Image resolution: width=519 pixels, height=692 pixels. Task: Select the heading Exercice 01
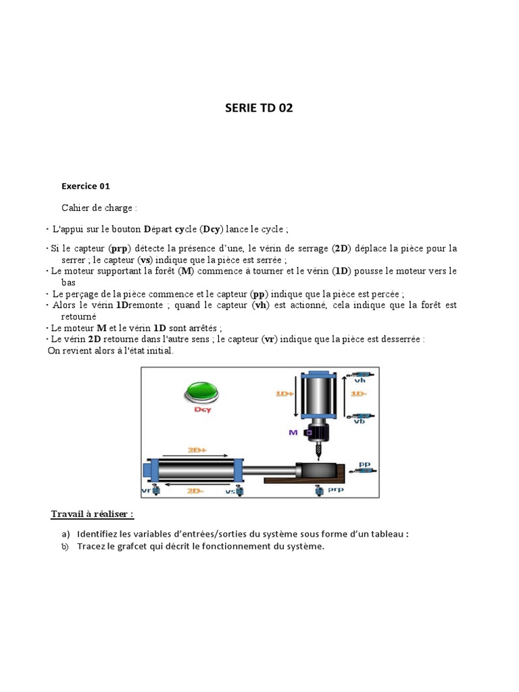pyautogui.click(x=85, y=187)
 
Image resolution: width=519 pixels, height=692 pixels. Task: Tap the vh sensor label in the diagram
pyautogui.click(x=360, y=380)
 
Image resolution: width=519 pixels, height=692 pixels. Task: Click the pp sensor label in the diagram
pyautogui.click(x=364, y=464)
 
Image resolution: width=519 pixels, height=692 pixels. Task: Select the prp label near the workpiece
pyautogui.click(x=336, y=491)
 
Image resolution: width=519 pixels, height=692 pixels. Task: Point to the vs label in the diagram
pyautogui.click(x=230, y=491)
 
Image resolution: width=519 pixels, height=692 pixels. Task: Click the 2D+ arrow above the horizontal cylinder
pyautogui.click(x=197, y=448)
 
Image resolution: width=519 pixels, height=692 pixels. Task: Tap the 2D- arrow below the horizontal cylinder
pyautogui.click(x=197, y=490)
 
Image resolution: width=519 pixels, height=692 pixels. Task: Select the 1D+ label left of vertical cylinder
pyautogui.click(x=283, y=392)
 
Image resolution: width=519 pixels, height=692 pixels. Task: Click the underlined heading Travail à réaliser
pyautogui.click(x=92, y=514)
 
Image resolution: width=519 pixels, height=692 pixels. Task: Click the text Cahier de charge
pyautogui.click(x=99, y=208)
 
